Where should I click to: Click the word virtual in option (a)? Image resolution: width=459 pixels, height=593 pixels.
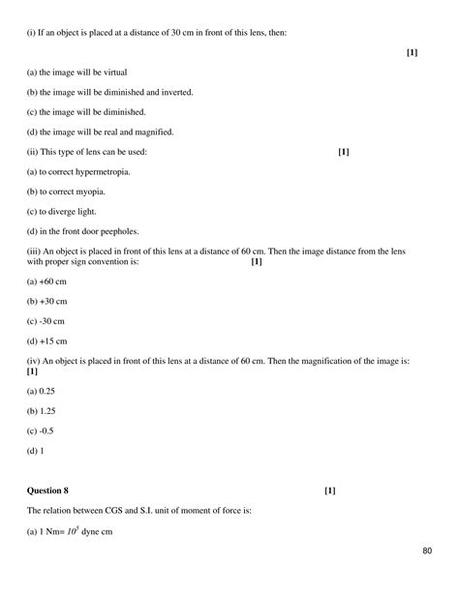(112, 73)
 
